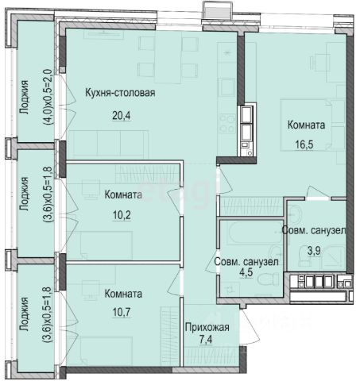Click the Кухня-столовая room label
click(120, 93)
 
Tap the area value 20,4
click(122, 115)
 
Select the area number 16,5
click(304, 144)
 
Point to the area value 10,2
click(122, 215)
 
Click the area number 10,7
click(122, 312)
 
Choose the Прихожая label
click(207, 327)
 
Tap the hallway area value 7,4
click(206, 340)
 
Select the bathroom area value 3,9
click(314, 250)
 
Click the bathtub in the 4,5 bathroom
click(256, 233)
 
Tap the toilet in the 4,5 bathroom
click(268, 279)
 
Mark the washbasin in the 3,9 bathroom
click(295, 214)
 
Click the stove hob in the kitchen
click(227, 123)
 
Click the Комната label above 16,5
click(306, 125)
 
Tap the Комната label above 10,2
click(123, 194)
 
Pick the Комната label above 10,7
click(123, 294)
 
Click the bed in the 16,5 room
click(306, 125)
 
